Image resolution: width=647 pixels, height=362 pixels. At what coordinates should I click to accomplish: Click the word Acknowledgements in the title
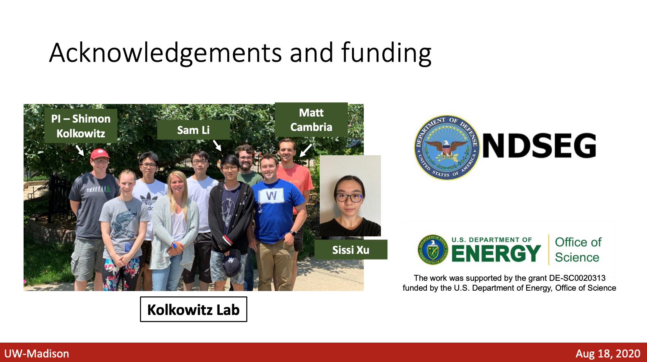(x=165, y=52)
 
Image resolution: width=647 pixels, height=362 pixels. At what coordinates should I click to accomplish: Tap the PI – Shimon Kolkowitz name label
(x=81, y=126)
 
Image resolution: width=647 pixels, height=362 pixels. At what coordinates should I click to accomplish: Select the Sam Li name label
(x=193, y=130)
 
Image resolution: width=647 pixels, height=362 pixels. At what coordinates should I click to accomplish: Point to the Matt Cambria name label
(x=311, y=120)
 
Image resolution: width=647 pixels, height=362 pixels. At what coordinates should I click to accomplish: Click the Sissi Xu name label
(x=350, y=250)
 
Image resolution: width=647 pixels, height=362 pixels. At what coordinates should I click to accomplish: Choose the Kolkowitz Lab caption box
(x=193, y=309)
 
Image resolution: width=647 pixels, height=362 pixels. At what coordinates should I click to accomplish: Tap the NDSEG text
(x=539, y=145)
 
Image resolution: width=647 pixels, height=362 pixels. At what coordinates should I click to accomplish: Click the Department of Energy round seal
(x=433, y=250)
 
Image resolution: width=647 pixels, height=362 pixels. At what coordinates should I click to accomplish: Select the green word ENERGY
(x=496, y=253)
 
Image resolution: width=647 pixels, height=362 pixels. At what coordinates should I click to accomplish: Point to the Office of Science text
(x=578, y=250)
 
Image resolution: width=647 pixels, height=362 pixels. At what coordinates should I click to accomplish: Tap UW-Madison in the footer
(x=36, y=354)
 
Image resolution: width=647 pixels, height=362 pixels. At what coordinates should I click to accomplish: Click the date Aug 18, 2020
(x=608, y=354)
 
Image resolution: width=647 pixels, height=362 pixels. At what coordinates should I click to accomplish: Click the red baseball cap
(x=100, y=154)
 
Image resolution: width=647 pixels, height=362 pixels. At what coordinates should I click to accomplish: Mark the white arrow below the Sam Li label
(x=217, y=146)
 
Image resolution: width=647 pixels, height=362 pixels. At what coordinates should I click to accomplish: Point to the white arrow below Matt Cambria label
(x=306, y=150)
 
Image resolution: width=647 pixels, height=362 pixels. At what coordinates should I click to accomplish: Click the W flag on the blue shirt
(x=271, y=197)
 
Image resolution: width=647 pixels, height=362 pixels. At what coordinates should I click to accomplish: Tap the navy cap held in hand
(x=232, y=263)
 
